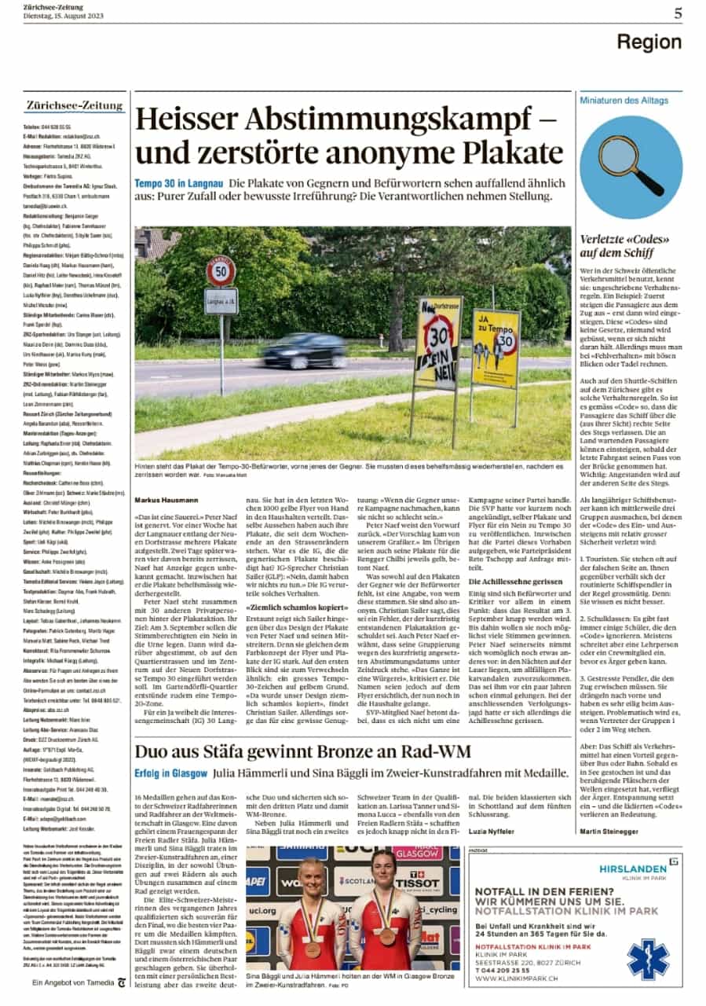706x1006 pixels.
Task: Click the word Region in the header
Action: coord(648,42)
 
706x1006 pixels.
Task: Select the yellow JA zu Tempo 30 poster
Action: coord(496,349)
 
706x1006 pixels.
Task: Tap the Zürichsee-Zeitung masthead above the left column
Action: coord(75,105)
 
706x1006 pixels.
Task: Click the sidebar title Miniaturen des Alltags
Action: coord(624,101)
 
